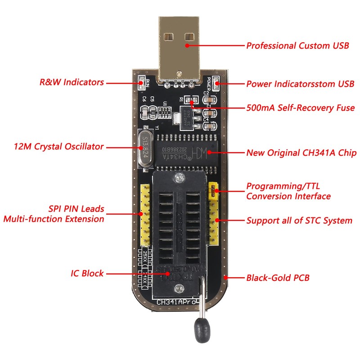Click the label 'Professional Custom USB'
[x=297, y=46]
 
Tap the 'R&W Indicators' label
[x=72, y=82]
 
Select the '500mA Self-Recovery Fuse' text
[x=300, y=108]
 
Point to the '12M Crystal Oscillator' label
[x=58, y=147]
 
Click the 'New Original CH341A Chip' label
[x=301, y=153]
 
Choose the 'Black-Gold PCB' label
[x=278, y=278]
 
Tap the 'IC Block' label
[x=87, y=273]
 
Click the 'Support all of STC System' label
[x=299, y=220]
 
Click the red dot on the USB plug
[x=185, y=46]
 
